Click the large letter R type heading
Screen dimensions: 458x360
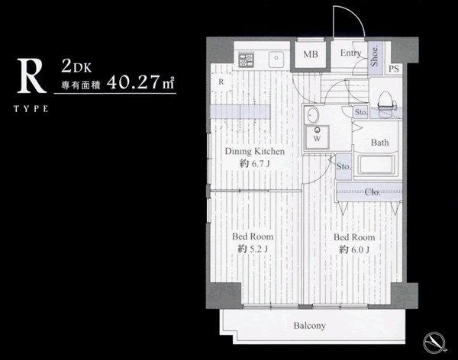click(x=31, y=76)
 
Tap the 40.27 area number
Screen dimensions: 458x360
click(x=134, y=82)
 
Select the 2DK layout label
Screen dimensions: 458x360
click(x=76, y=66)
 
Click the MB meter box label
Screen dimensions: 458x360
click(x=311, y=54)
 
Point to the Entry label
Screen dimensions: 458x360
click(x=351, y=53)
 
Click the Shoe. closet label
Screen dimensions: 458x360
click(x=375, y=56)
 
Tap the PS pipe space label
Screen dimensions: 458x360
click(x=394, y=69)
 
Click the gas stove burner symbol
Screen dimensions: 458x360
click(x=246, y=59)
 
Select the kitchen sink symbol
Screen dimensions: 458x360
click(x=276, y=59)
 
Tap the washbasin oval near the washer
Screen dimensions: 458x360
click(x=313, y=115)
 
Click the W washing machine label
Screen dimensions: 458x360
click(x=318, y=139)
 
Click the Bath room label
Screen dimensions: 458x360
click(x=379, y=143)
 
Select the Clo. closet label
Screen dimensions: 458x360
click(x=373, y=192)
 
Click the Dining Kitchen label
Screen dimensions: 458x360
click(x=255, y=151)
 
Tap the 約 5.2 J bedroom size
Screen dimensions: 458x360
click(x=253, y=249)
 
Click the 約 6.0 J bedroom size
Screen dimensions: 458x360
click(x=354, y=249)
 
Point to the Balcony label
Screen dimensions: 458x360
click(x=310, y=326)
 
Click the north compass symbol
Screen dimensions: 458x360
click(x=434, y=342)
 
